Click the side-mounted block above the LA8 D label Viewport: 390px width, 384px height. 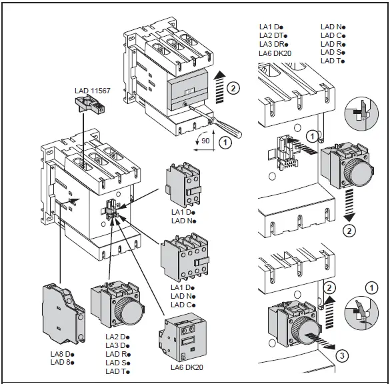point(63,313)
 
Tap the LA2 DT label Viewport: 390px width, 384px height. point(275,35)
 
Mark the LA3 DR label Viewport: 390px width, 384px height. point(275,44)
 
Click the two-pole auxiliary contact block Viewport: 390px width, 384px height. point(182,189)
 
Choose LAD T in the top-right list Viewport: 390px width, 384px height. point(332,61)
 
